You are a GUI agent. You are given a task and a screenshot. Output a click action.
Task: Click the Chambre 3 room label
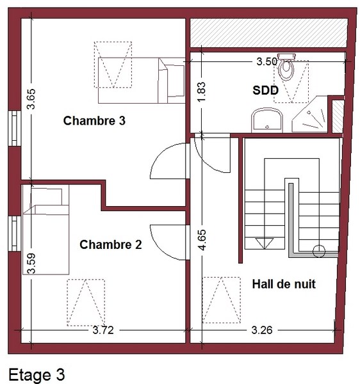point(94,121)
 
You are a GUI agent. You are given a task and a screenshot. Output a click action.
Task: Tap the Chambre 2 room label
point(111,244)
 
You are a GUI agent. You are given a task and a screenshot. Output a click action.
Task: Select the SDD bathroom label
point(265,90)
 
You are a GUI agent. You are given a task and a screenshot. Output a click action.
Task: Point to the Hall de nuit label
point(284,284)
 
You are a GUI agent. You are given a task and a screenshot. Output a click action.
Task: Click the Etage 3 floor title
point(37,374)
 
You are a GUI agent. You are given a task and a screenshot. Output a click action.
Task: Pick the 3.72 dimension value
point(103,330)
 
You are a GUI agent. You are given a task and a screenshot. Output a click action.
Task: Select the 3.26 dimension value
point(262,330)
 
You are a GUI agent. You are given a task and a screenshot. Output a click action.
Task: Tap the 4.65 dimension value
point(202,240)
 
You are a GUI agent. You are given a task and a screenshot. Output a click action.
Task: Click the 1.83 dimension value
point(201,92)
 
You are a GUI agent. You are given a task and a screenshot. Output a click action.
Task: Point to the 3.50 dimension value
point(267,61)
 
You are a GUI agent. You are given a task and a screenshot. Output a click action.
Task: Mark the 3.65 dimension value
point(31,99)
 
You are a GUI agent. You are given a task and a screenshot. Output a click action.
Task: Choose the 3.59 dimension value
point(31,263)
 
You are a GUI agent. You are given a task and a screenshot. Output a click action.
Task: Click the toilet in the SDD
point(286,67)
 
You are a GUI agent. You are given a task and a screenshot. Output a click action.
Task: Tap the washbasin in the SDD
point(267,120)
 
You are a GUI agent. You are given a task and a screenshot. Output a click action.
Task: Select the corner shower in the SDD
point(310,115)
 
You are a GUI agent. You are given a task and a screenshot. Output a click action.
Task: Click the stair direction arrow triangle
point(265,243)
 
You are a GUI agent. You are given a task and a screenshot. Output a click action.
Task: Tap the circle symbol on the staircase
point(319,251)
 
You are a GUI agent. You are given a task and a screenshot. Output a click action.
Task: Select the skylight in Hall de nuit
point(221,300)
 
